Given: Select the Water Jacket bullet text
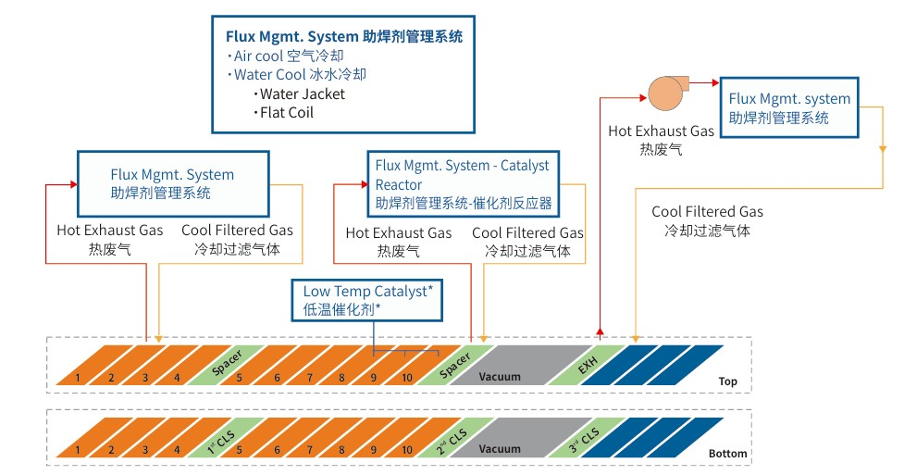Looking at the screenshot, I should [302, 94].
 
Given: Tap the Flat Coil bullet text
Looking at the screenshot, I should [286, 113].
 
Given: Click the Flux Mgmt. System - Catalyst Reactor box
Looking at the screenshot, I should [463, 182].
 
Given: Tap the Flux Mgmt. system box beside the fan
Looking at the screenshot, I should [789, 108].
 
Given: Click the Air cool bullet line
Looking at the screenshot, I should [278, 56].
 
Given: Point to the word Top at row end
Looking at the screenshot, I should [727, 381].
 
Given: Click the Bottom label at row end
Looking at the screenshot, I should [727, 454].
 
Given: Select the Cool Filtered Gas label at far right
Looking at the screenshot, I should [707, 220].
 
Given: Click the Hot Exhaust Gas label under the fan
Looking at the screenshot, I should [661, 139].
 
